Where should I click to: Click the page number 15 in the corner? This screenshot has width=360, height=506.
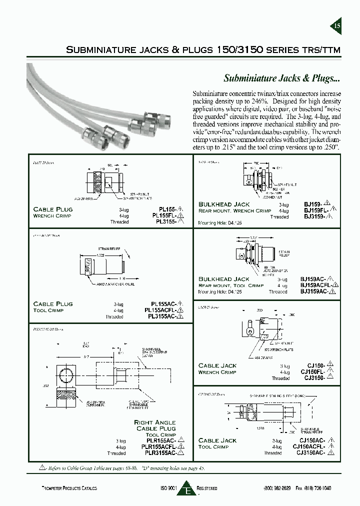(336, 26)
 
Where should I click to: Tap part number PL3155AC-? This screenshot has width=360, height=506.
(163, 317)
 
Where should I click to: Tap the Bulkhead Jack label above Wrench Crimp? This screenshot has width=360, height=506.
(223, 204)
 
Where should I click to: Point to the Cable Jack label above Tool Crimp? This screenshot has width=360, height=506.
(217, 440)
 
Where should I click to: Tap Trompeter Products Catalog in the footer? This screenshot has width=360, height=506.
(68, 488)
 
